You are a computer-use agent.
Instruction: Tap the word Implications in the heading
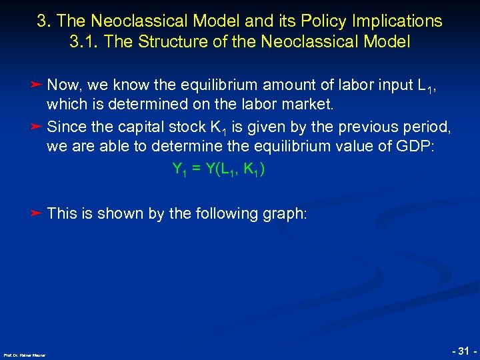click(x=403, y=21)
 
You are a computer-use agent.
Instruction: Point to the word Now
click(x=65, y=86)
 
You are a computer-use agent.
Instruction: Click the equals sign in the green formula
click(x=195, y=169)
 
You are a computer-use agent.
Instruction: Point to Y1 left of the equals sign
click(x=179, y=170)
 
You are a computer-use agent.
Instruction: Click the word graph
click(x=285, y=214)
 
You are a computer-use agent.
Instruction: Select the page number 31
click(x=462, y=349)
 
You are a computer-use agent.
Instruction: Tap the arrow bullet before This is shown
click(x=37, y=213)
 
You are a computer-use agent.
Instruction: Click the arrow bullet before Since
click(x=37, y=126)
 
